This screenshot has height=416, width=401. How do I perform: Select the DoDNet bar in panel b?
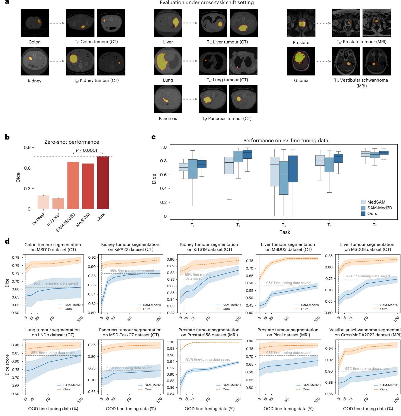tap(43, 202)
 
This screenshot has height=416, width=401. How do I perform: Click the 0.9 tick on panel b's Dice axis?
tap(29, 147)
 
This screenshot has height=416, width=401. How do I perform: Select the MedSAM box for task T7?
tap(365, 154)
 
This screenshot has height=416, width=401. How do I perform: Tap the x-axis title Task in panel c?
tap(285, 232)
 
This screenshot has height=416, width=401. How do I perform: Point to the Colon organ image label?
tap(35, 42)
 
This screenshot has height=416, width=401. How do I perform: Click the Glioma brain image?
tap(301, 61)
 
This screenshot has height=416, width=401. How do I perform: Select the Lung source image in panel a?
tap(168, 61)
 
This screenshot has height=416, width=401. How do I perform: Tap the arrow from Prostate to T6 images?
tap(323, 23)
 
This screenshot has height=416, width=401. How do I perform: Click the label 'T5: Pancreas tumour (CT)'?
tap(227, 119)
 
